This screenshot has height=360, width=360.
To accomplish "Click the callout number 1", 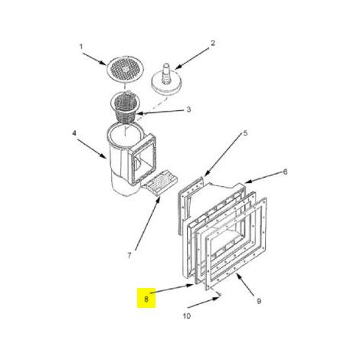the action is [x=81, y=47].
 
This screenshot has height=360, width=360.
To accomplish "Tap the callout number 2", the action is [x=213, y=43].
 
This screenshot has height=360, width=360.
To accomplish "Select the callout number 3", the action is [x=188, y=110].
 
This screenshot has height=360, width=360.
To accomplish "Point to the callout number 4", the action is [x=74, y=133].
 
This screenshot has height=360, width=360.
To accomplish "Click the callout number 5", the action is [x=245, y=133].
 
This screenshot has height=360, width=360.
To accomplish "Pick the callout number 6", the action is [x=285, y=172].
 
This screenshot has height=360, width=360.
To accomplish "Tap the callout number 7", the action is [x=129, y=255].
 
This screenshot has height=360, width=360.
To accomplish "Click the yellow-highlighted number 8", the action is [x=146, y=299].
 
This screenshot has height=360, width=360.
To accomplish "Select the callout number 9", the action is [x=259, y=301].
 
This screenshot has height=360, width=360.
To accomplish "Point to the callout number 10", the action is [x=187, y=316].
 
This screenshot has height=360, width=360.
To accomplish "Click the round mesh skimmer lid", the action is [x=126, y=70].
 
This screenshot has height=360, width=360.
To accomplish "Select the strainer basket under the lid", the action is [x=124, y=106].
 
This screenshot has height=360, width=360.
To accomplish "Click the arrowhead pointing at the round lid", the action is [x=104, y=64].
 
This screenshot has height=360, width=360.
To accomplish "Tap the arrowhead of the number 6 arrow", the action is [x=247, y=182].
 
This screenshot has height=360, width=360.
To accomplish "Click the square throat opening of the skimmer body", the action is [x=143, y=159].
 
